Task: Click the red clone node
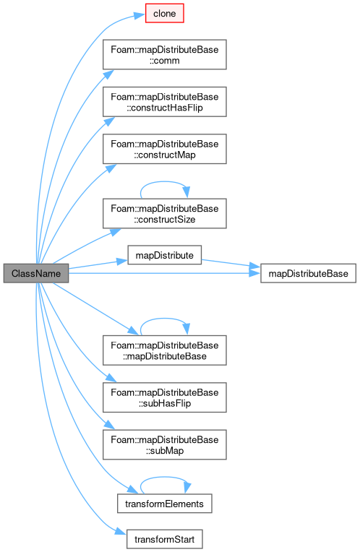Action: (x=165, y=14)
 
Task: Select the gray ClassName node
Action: (x=36, y=273)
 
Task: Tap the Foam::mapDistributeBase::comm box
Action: (x=165, y=55)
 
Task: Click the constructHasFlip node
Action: (x=165, y=102)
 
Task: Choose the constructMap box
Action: (x=165, y=149)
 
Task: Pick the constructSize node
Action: (x=165, y=214)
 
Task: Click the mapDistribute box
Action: (x=165, y=255)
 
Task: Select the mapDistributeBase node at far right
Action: (x=308, y=273)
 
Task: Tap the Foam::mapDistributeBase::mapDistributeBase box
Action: (x=165, y=350)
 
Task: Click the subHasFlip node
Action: (x=165, y=397)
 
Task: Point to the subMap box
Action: (x=165, y=444)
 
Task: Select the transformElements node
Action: (x=165, y=504)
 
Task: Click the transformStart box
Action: (x=165, y=539)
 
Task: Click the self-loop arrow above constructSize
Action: (x=164, y=181)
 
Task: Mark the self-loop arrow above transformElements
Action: (x=164, y=477)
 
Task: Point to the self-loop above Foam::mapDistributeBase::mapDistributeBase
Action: (x=164, y=319)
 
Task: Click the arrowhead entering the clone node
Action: (x=140, y=15)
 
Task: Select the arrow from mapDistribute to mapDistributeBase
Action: (x=231, y=263)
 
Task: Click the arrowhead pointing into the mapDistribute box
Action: (x=122, y=262)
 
